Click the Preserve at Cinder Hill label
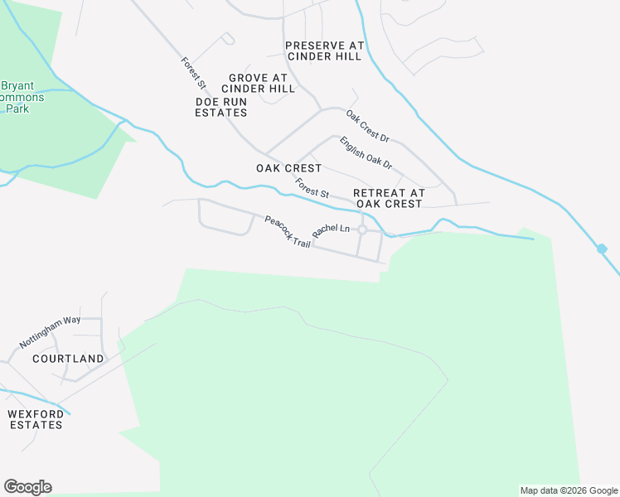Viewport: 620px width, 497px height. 323,51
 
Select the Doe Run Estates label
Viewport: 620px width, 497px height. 220,107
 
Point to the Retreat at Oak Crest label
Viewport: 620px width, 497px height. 389,198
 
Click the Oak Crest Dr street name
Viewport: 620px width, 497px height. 367,127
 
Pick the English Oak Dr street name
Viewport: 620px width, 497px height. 366,154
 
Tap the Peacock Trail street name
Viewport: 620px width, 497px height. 287,232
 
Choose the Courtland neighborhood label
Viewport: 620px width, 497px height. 68,359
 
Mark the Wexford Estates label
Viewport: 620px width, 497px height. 35,419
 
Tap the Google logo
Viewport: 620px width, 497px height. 27,487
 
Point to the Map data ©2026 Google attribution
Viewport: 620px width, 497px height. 569,490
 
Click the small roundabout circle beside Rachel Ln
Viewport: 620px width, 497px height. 362,229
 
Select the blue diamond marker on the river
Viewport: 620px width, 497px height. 602,248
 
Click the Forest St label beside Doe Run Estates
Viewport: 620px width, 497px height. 193,72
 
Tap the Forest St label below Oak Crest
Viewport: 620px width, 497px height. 312,188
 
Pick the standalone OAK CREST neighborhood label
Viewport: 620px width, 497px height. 289,168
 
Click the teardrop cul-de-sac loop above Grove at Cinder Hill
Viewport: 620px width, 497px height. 228,38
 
